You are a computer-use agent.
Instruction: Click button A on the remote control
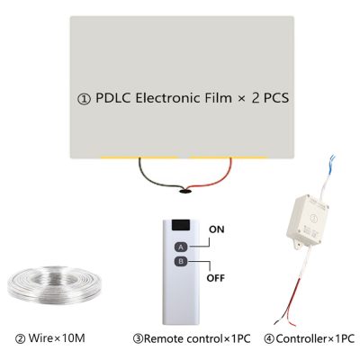181,247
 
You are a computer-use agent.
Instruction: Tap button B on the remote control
181,262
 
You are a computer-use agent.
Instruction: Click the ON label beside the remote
217,229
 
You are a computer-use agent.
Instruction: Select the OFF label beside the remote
216,278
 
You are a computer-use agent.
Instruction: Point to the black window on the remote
181,225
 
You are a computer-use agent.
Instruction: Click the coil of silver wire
54,284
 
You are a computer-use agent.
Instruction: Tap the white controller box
307,220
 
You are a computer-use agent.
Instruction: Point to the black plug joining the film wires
184,191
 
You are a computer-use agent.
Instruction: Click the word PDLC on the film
113,98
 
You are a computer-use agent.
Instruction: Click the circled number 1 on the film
84,99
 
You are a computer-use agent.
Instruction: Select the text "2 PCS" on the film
270,98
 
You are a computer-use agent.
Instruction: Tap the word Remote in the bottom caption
164,338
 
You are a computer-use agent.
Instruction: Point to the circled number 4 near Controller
269,339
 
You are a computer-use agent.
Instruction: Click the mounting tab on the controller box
297,244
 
